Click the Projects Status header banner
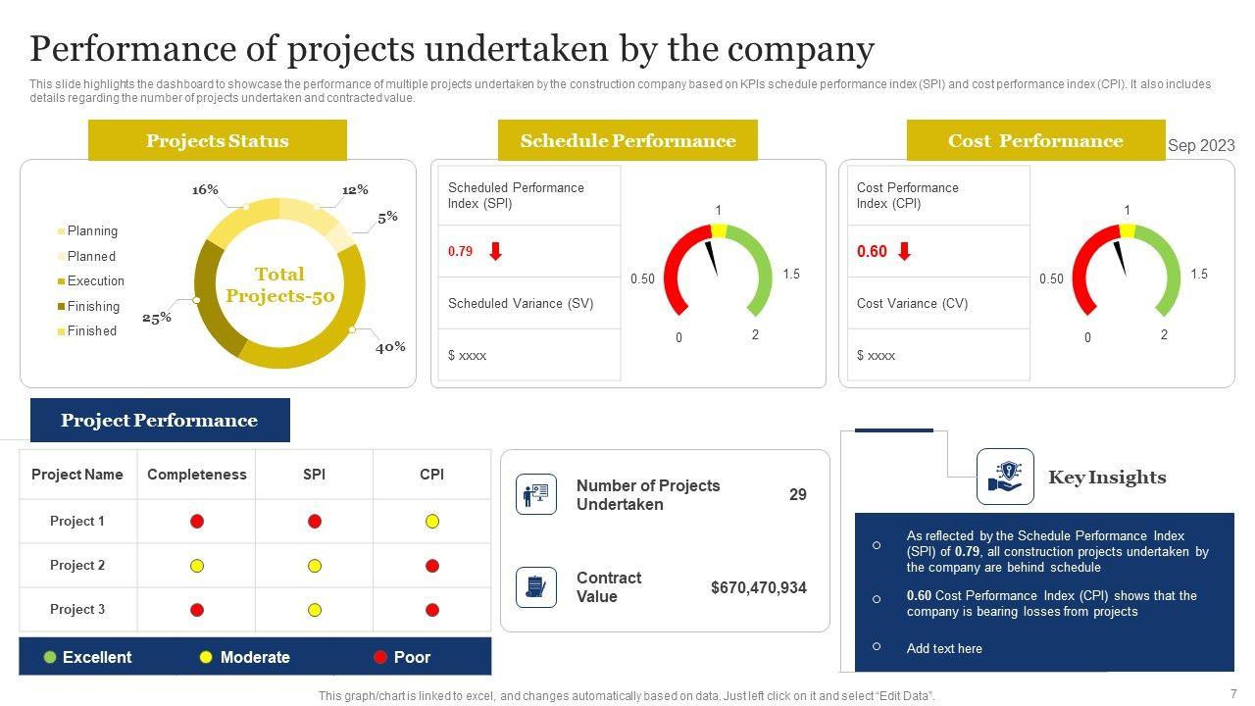pyautogui.click(x=217, y=140)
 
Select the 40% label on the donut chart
pyautogui.click(x=390, y=347)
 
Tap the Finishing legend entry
pyautogui.click(x=93, y=306)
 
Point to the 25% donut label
pyautogui.click(x=157, y=318)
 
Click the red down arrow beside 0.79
pyautogui.click(x=496, y=251)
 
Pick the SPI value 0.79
pyautogui.click(x=460, y=251)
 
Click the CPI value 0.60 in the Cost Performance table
pyautogui.click(x=872, y=252)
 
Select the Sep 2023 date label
pyautogui.click(x=1201, y=145)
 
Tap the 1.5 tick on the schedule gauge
pyautogui.click(x=791, y=275)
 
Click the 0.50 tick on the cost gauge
pyautogui.click(x=1051, y=279)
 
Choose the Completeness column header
pyautogui.click(x=196, y=475)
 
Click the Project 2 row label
pyautogui.click(x=77, y=566)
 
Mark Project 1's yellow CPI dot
pyautogui.click(x=432, y=522)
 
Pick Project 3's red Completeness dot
pyautogui.click(x=197, y=610)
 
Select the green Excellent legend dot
pyautogui.click(x=50, y=657)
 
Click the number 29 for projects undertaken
pyautogui.click(x=798, y=495)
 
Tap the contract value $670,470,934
pyautogui.click(x=759, y=588)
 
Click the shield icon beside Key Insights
pyautogui.click(x=1005, y=477)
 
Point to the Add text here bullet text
pyautogui.click(x=944, y=648)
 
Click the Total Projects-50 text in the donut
pyautogui.click(x=279, y=284)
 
